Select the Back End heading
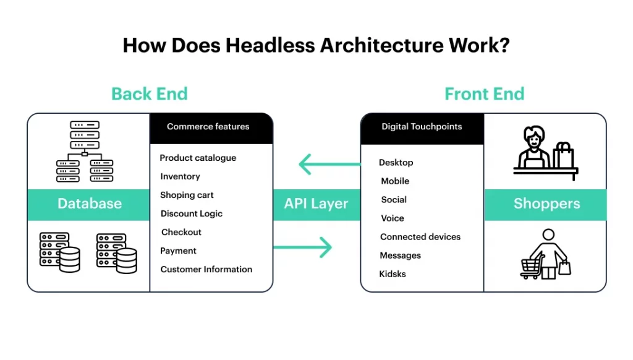(x=149, y=93)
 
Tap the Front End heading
(x=484, y=93)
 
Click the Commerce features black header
(x=208, y=127)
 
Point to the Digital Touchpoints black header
(x=422, y=127)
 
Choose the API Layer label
(x=316, y=204)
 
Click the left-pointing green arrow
(x=328, y=165)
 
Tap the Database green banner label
(x=90, y=204)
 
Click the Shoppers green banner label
(x=546, y=204)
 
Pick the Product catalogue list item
(x=198, y=158)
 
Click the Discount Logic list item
(x=191, y=213)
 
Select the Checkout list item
(x=181, y=232)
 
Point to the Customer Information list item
(x=206, y=269)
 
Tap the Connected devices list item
(x=420, y=237)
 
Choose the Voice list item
(x=392, y=218)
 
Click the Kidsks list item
(x=392, y=274)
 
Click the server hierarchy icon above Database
(x=85, y=152)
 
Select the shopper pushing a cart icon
(x=544, y=255)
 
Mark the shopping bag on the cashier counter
(x=563, y=156)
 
